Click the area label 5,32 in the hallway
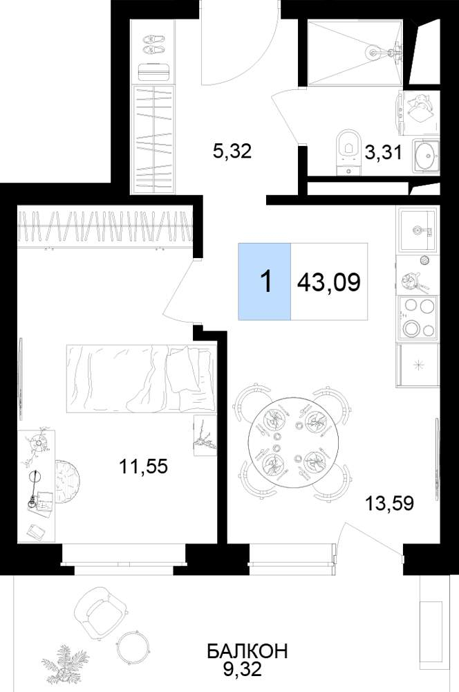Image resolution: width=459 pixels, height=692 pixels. coord(232,152)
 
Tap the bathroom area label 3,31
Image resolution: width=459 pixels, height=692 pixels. coord(383,153)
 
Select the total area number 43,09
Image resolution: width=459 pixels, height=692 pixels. coord(329,282)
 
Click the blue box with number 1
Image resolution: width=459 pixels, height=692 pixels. coord(265,281)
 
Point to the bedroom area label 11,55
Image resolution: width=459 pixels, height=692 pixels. coord(144,466)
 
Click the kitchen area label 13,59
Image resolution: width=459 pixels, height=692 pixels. coord(390,503)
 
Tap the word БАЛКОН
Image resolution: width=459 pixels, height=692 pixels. coord(247,651)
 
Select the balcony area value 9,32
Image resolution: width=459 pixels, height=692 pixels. coord(243,669)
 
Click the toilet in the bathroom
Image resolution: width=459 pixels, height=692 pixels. coord(348,152)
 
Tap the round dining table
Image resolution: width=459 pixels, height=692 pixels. coord(292,446)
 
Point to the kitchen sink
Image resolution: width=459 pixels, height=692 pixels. coord(417,230)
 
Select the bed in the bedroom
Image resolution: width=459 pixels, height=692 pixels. coord(141,379)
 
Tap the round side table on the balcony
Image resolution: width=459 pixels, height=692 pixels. coord(132,646)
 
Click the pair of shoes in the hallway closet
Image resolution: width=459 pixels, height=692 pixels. coord(154,44)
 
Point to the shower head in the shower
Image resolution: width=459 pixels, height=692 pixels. coord(373,53)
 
